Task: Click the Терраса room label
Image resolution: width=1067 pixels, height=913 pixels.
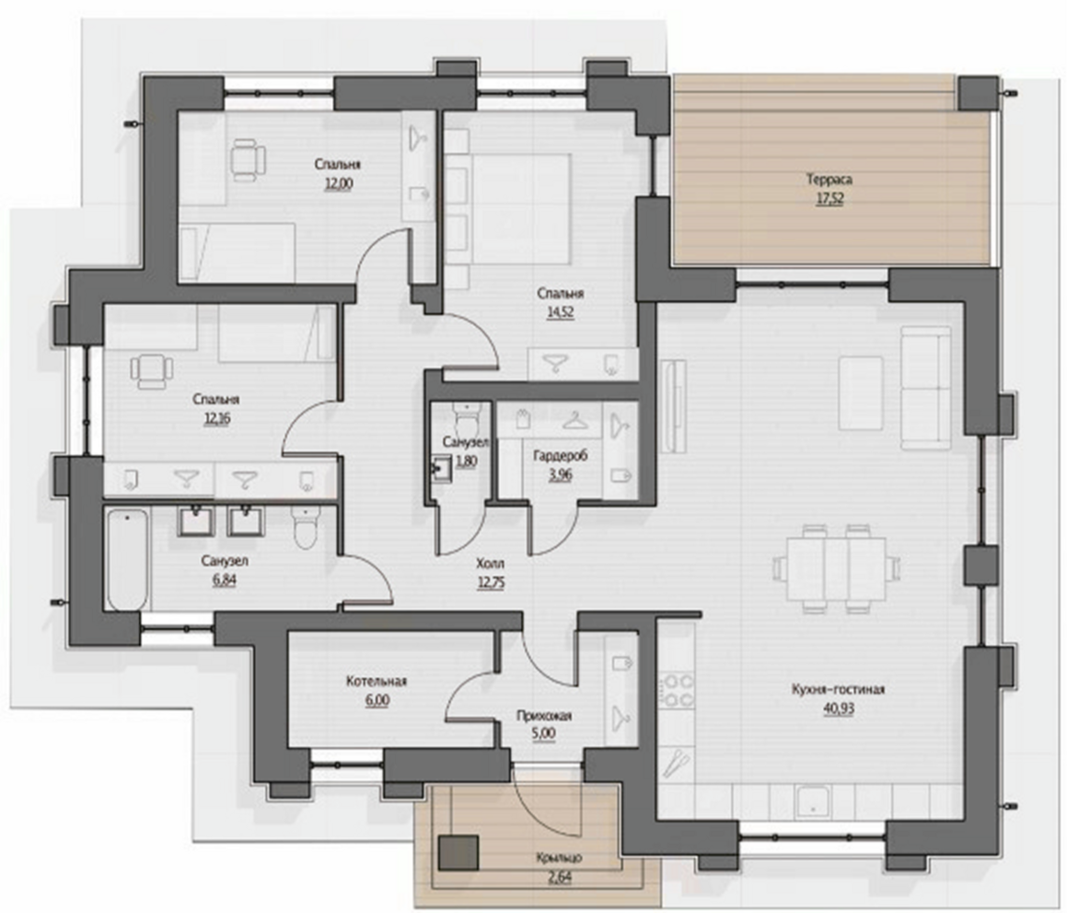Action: click(829, 180)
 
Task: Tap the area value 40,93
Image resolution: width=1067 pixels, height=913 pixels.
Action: click(839, 708)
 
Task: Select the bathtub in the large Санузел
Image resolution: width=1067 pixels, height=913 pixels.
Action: click(127, 559)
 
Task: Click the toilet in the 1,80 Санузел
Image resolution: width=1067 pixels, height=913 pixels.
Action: click(467, 419)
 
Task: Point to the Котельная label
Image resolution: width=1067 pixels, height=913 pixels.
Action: click(377, 682)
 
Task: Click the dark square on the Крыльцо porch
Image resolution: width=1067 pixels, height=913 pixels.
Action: click(458, 852)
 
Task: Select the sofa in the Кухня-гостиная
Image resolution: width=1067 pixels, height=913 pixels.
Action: click(925, 387)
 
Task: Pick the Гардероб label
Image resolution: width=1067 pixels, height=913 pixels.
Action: click(560, 455)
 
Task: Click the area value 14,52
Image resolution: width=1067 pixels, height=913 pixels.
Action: click(560, 312)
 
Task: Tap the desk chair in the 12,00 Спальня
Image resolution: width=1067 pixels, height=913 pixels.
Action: click(247, 160)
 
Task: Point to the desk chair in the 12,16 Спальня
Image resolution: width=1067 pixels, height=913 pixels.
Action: click(151, 371)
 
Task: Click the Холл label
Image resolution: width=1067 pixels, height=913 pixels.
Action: click(490, 564)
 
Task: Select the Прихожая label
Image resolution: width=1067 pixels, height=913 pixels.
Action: click(544, 716)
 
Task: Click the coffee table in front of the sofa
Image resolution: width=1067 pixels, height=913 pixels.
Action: click(861, 392)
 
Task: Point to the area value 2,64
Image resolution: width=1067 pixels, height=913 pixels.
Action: click(560, 878)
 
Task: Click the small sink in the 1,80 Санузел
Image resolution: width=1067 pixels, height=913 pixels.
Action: click(439, 468)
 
